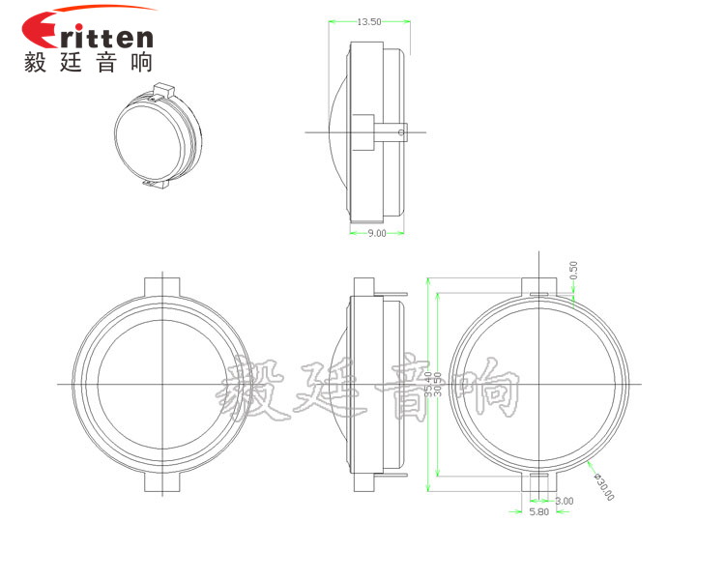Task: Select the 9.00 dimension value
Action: click(x=377, y=233)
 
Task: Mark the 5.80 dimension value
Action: click(x=538, y=512)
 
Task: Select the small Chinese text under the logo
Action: click(x=88, y=63)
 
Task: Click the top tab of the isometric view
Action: click(x=161, y=90)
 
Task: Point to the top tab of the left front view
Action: click(x=162, y=287)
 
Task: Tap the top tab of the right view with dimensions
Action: click(x=539, y=288)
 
